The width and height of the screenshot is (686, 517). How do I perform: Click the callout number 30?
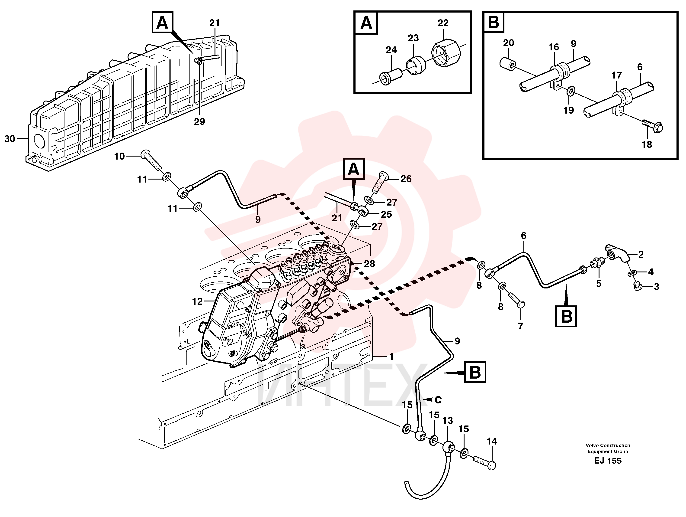pos(10,139)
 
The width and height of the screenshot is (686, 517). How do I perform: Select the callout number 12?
pos(197,301)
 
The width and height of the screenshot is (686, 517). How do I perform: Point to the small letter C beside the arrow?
pos(438,400)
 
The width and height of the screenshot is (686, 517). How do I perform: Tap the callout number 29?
pos(199,121)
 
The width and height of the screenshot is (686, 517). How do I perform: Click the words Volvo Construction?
pos(608,445)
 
